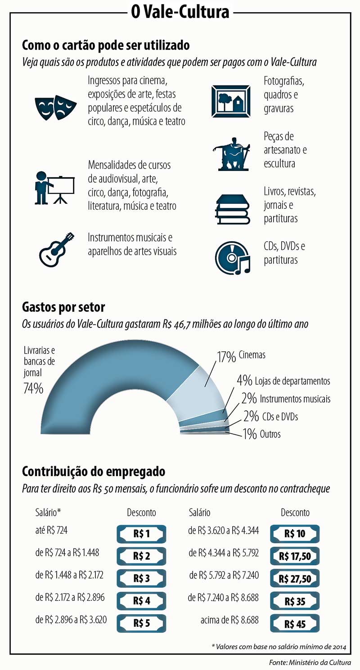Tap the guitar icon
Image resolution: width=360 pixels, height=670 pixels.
[x=56, y=249]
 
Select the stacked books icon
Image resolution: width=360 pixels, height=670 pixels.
[x=232, y=210]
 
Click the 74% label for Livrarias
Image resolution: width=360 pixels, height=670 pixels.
[x=33, y=388]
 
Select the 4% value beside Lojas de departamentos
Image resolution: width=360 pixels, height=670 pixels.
[x=244, y=381]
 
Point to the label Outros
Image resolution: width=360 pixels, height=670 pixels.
[x=270, y=434]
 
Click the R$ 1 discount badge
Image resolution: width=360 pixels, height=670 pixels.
[x=141, y=534]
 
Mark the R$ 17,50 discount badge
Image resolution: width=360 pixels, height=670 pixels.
[x=295, y=556]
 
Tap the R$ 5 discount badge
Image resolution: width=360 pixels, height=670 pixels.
[x=141, y=623]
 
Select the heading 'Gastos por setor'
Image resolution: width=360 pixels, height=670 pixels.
[x=63, y=308]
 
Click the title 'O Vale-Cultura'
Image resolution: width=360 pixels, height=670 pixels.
[x=180, y=12]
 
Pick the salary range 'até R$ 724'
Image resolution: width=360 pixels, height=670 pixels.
[x=51, y=531]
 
